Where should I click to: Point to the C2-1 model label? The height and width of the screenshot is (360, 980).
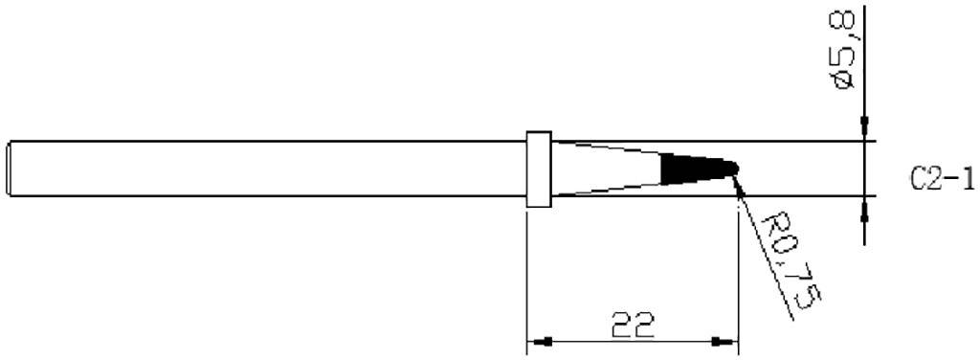[x=942, y=178]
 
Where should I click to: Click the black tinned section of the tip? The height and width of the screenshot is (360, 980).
[x=693, y=169]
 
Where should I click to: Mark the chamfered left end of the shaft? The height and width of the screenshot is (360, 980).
[x=11, y=170]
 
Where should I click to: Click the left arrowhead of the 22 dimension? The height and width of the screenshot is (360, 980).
[x=542, y=341]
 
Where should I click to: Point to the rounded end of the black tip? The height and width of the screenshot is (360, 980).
[x=733, y=169]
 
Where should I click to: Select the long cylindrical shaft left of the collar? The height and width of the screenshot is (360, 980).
[x=268, y=170]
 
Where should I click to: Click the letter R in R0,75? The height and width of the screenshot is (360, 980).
[x=772, y=227]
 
